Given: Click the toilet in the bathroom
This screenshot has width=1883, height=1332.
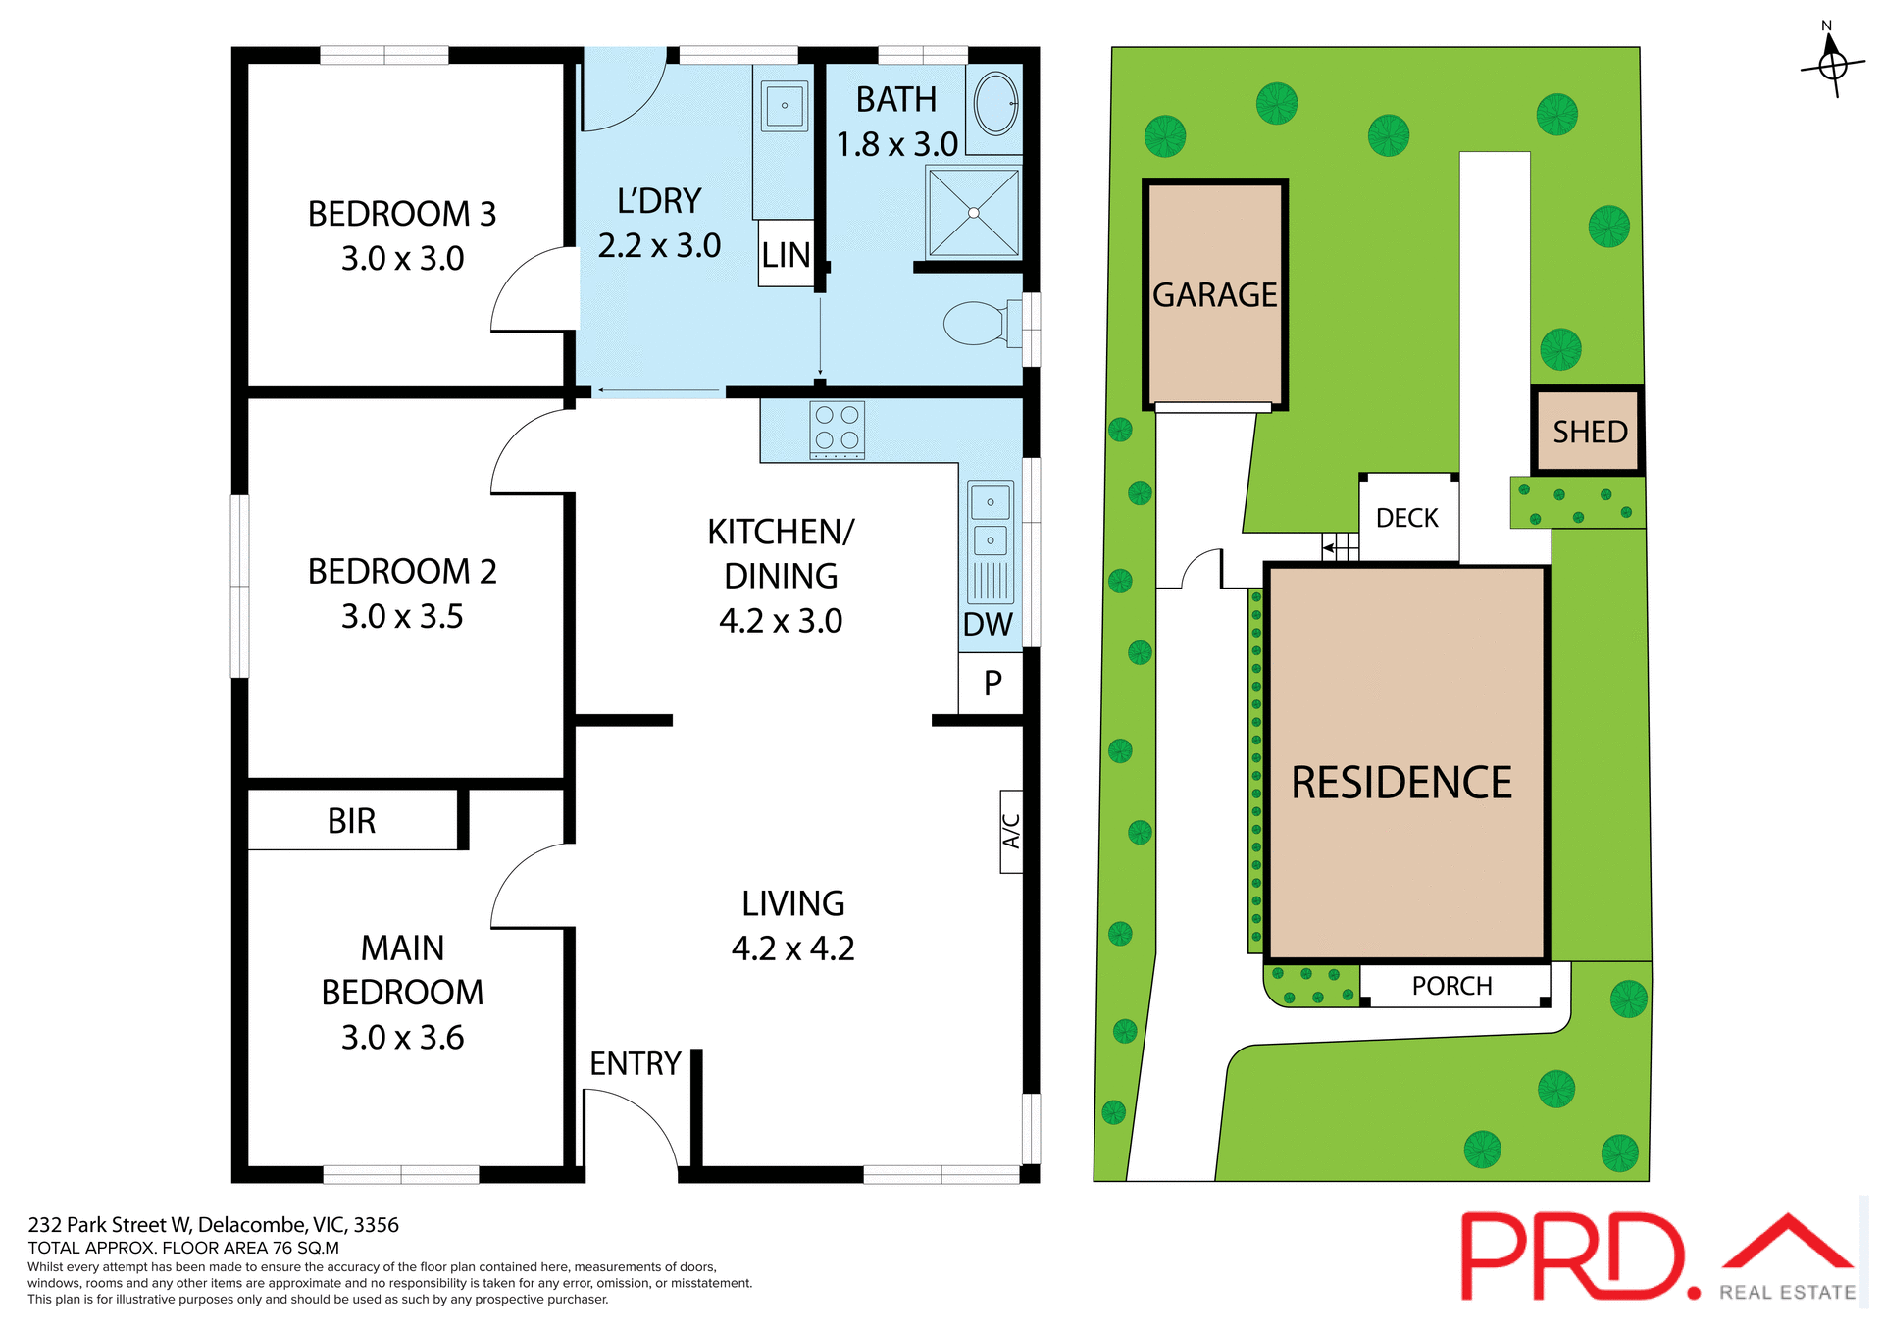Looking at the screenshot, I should pyautogui.click(x=976, y=323).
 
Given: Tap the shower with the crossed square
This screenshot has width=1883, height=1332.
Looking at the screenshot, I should pyautogui.click(x=973, y=212).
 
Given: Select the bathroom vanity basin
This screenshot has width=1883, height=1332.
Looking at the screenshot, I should pyautogui.click(x=996, y=102).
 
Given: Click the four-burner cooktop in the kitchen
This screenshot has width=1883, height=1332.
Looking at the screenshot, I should pyautogui.click(x=837, y=429).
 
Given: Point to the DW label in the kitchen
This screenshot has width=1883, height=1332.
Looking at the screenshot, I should pyautogui.click(x=988, y=624).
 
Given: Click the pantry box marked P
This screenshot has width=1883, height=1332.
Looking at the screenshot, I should pyautogui.click(x=992, y=683).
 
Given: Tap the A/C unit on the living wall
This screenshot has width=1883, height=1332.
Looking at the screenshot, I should pyautogui.click(x=1011, y=831).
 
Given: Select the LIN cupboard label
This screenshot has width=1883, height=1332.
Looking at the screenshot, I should pyautogui.click(x=786, y=255).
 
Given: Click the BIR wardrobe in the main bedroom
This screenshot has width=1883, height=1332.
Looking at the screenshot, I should pyautogui.click(x=351, y=820).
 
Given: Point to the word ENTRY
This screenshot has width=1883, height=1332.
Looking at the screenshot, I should pyautogui.click(x=635, y=1063).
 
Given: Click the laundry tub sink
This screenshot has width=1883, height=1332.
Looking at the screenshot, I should pyautogui.click(x=785, y=105).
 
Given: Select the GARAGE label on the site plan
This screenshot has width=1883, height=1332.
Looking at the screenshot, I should pyautogui.click(x=1214, y=294).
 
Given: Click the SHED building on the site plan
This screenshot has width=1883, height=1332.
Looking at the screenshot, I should pyautogui.click(x=1589, y=432).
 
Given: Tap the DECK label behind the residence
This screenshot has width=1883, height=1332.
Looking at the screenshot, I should pyautogui.click(x=1406, y=518).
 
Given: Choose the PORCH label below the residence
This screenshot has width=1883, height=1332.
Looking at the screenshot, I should pyautogui.click(x=1451, y=986).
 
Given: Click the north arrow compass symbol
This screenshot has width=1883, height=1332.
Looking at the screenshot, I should pyautogui.click(x=1830, y=64).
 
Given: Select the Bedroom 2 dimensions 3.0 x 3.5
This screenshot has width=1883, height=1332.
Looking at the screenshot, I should pyautogui.click(x=402, y=616).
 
